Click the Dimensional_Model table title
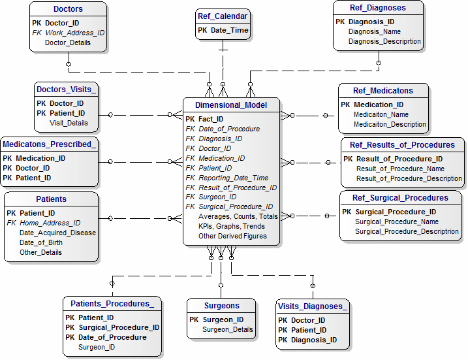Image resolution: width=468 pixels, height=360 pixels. click(231, 105)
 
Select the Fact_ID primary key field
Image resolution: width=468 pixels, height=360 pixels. click(211, 119)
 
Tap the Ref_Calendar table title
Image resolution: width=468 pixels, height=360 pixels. click(223, 16)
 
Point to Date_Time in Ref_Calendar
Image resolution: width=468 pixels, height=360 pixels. click(230, 30)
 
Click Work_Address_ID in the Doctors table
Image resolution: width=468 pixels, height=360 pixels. click(74, 33)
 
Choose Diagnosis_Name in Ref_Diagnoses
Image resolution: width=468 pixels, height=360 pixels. click(375, 31)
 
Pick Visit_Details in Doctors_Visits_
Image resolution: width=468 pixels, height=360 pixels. click(69, 123)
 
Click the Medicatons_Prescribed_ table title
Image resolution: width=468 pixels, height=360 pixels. click(50, 144)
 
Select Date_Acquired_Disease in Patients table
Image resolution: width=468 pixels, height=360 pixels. click(57, 233)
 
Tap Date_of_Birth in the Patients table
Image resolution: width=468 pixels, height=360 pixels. click(41, 242)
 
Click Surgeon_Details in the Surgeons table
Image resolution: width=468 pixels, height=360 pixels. click(228, 329)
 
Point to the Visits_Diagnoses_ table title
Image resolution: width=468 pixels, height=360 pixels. click(313, 306)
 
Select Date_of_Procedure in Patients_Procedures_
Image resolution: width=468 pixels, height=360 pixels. click(112, 337)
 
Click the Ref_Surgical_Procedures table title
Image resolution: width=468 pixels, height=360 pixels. click(400, 198)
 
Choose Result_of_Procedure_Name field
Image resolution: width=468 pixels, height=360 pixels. click(400, 169)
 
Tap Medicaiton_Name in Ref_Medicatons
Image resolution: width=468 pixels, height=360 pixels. click(381, 114)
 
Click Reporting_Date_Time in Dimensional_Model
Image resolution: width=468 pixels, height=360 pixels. click(234, 178)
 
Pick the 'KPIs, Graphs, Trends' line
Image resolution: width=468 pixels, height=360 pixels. click(232, 226)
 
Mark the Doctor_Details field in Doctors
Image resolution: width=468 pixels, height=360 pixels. click(68, 42)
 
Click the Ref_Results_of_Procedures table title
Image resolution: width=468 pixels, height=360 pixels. click(402, 145)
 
